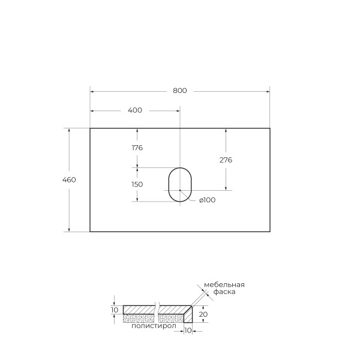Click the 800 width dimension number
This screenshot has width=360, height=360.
click(x=180, y=91)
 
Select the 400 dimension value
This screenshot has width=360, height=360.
click(x=135, y=110)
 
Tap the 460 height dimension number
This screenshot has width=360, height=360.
click(x=70, y=179)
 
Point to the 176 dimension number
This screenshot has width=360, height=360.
click(x=137, y=148)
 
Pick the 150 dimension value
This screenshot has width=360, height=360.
click(x=137, y=184)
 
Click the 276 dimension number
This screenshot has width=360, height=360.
click(x=226, y=160)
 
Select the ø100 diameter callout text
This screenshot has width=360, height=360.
click(x=206, y=200)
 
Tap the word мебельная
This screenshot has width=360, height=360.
click(x=224, y=284)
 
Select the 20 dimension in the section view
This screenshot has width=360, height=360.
click(x=203, y=314)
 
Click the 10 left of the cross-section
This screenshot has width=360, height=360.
click(x=115, y=310)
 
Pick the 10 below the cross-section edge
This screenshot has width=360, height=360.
click(x=187, y=331)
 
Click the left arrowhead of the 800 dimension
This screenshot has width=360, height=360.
click(x=92, y=91)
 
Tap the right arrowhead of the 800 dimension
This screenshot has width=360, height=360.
click(x=268, y=91)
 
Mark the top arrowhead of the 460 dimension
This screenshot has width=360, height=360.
click(x=70, y=130)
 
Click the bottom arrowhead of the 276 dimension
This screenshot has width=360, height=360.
click(x=226, y=188)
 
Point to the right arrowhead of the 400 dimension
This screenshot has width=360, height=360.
click(x=178, y=110)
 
